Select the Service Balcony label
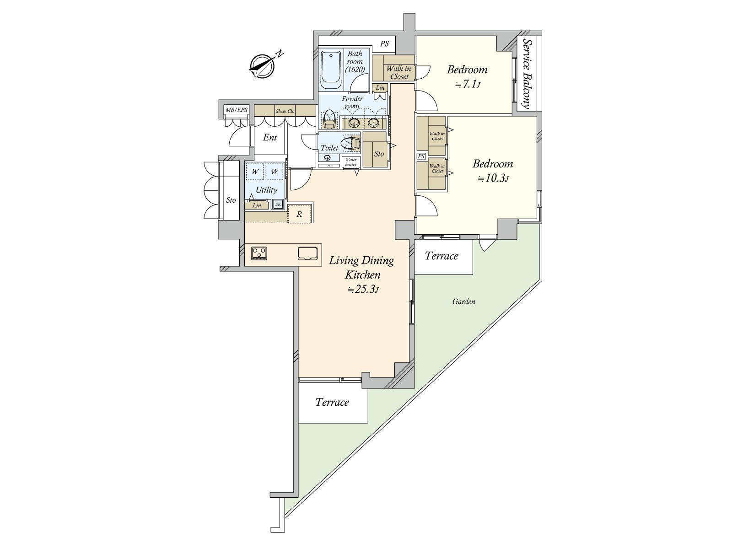(x=527, y=74)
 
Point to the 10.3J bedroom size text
(x=493, y=178)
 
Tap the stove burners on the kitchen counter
(x=259, y=253)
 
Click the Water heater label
(x=351, y=162)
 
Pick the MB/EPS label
(x=237, y=110)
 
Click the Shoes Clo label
(x=285, y=111)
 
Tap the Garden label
(x=463, y=301)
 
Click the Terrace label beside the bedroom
(x=441, y=256)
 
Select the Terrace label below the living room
(x=332, y=403)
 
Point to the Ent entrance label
(x=270, y=137)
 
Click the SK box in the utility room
(x=278, y=205)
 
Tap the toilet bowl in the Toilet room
(x=351, y=144)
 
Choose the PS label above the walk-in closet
(x=385, y=44)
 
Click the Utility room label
(x=266, y=190)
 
